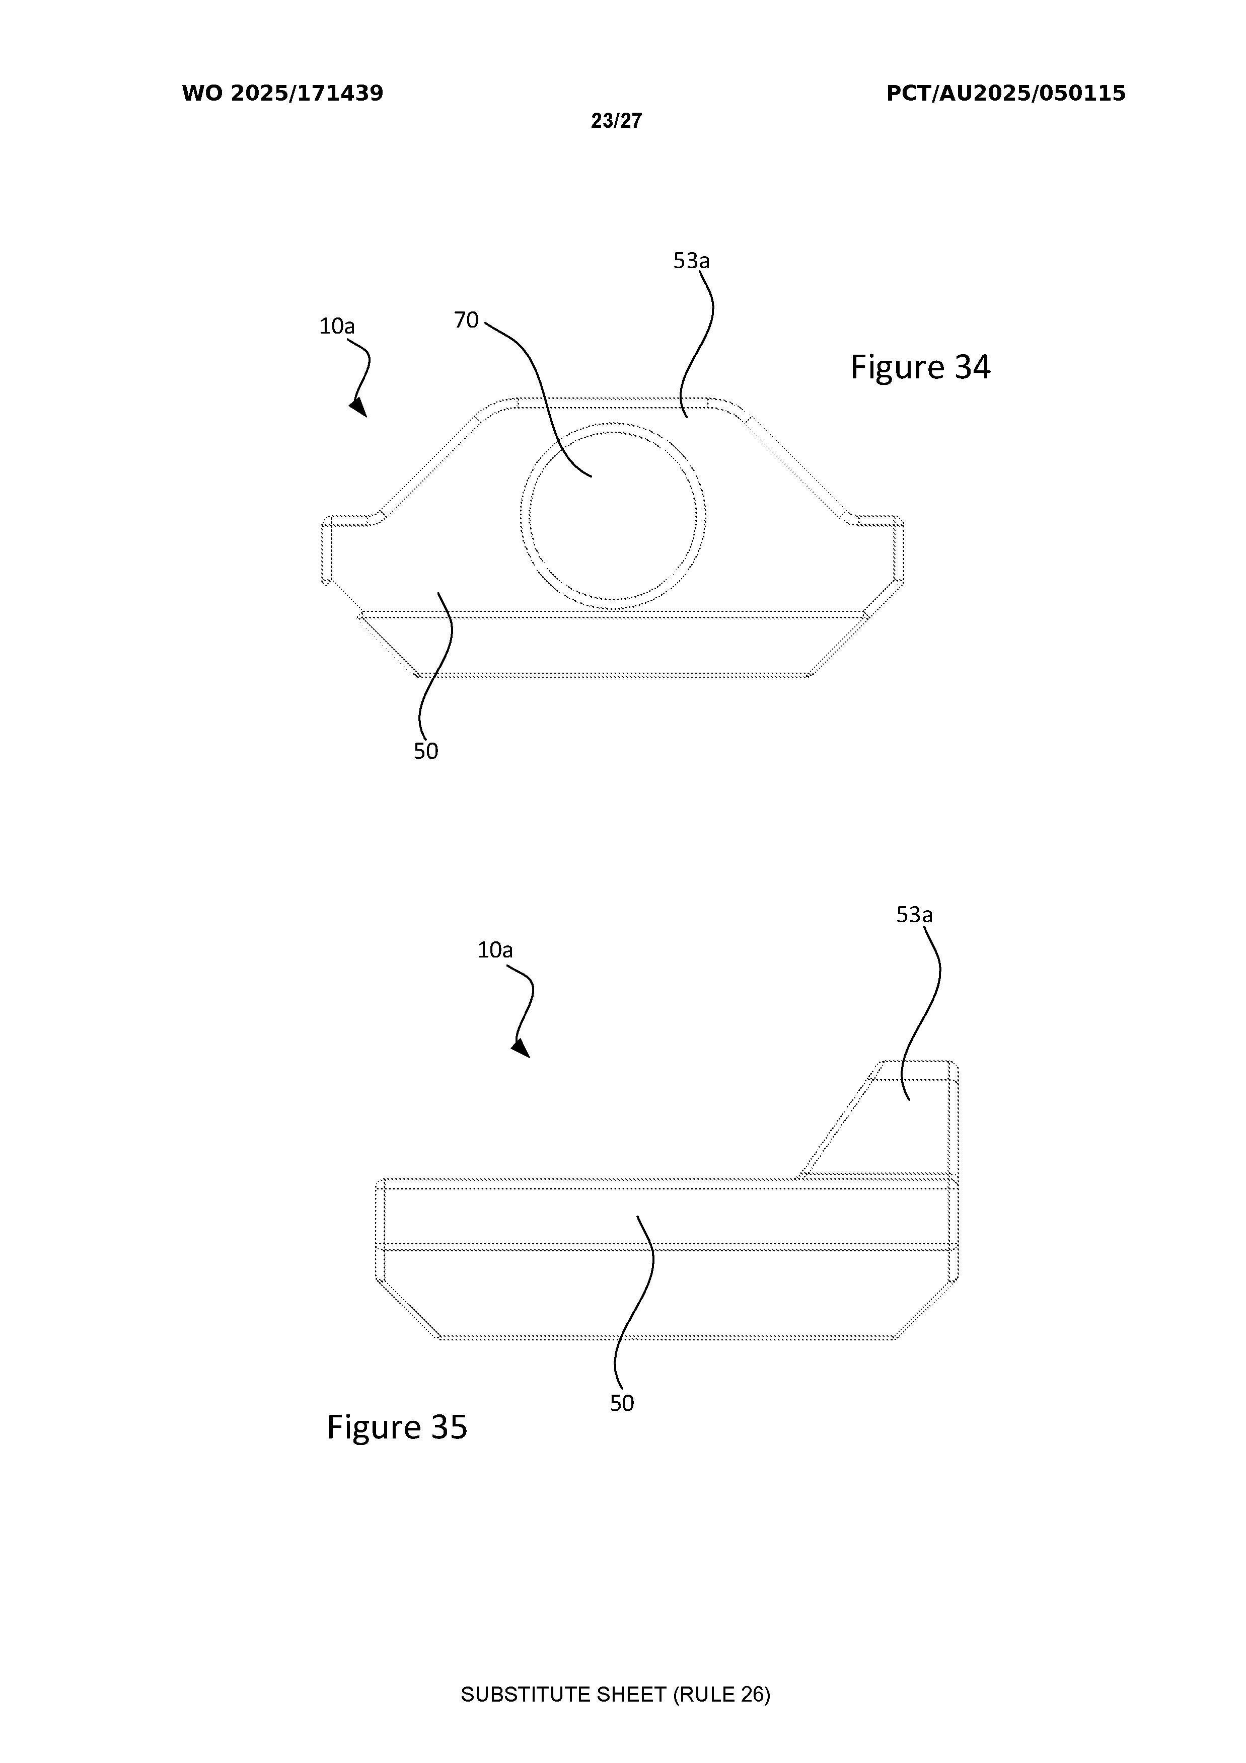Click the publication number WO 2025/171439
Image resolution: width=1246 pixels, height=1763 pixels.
point(283,94)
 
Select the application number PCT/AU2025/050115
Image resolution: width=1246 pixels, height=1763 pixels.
point(1006,94)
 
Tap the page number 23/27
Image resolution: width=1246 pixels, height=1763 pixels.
point(616,121)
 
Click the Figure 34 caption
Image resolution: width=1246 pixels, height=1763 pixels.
point(920,367)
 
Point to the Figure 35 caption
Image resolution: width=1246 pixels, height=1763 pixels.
point(397,1427)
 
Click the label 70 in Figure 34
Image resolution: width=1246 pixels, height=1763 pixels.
point(466,320)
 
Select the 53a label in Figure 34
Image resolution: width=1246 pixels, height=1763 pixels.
point(691,261)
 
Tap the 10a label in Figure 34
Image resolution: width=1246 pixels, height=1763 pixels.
point(337,327)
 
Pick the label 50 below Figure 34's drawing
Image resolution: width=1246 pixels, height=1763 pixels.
point(425,751)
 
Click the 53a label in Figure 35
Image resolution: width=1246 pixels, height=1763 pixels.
point(914,915)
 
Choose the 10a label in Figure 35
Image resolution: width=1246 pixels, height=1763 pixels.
point(495,950)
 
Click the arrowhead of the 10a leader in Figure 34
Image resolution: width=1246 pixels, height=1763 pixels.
point(359,407)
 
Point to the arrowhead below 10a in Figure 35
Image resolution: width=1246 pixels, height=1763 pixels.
point(522,1048)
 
